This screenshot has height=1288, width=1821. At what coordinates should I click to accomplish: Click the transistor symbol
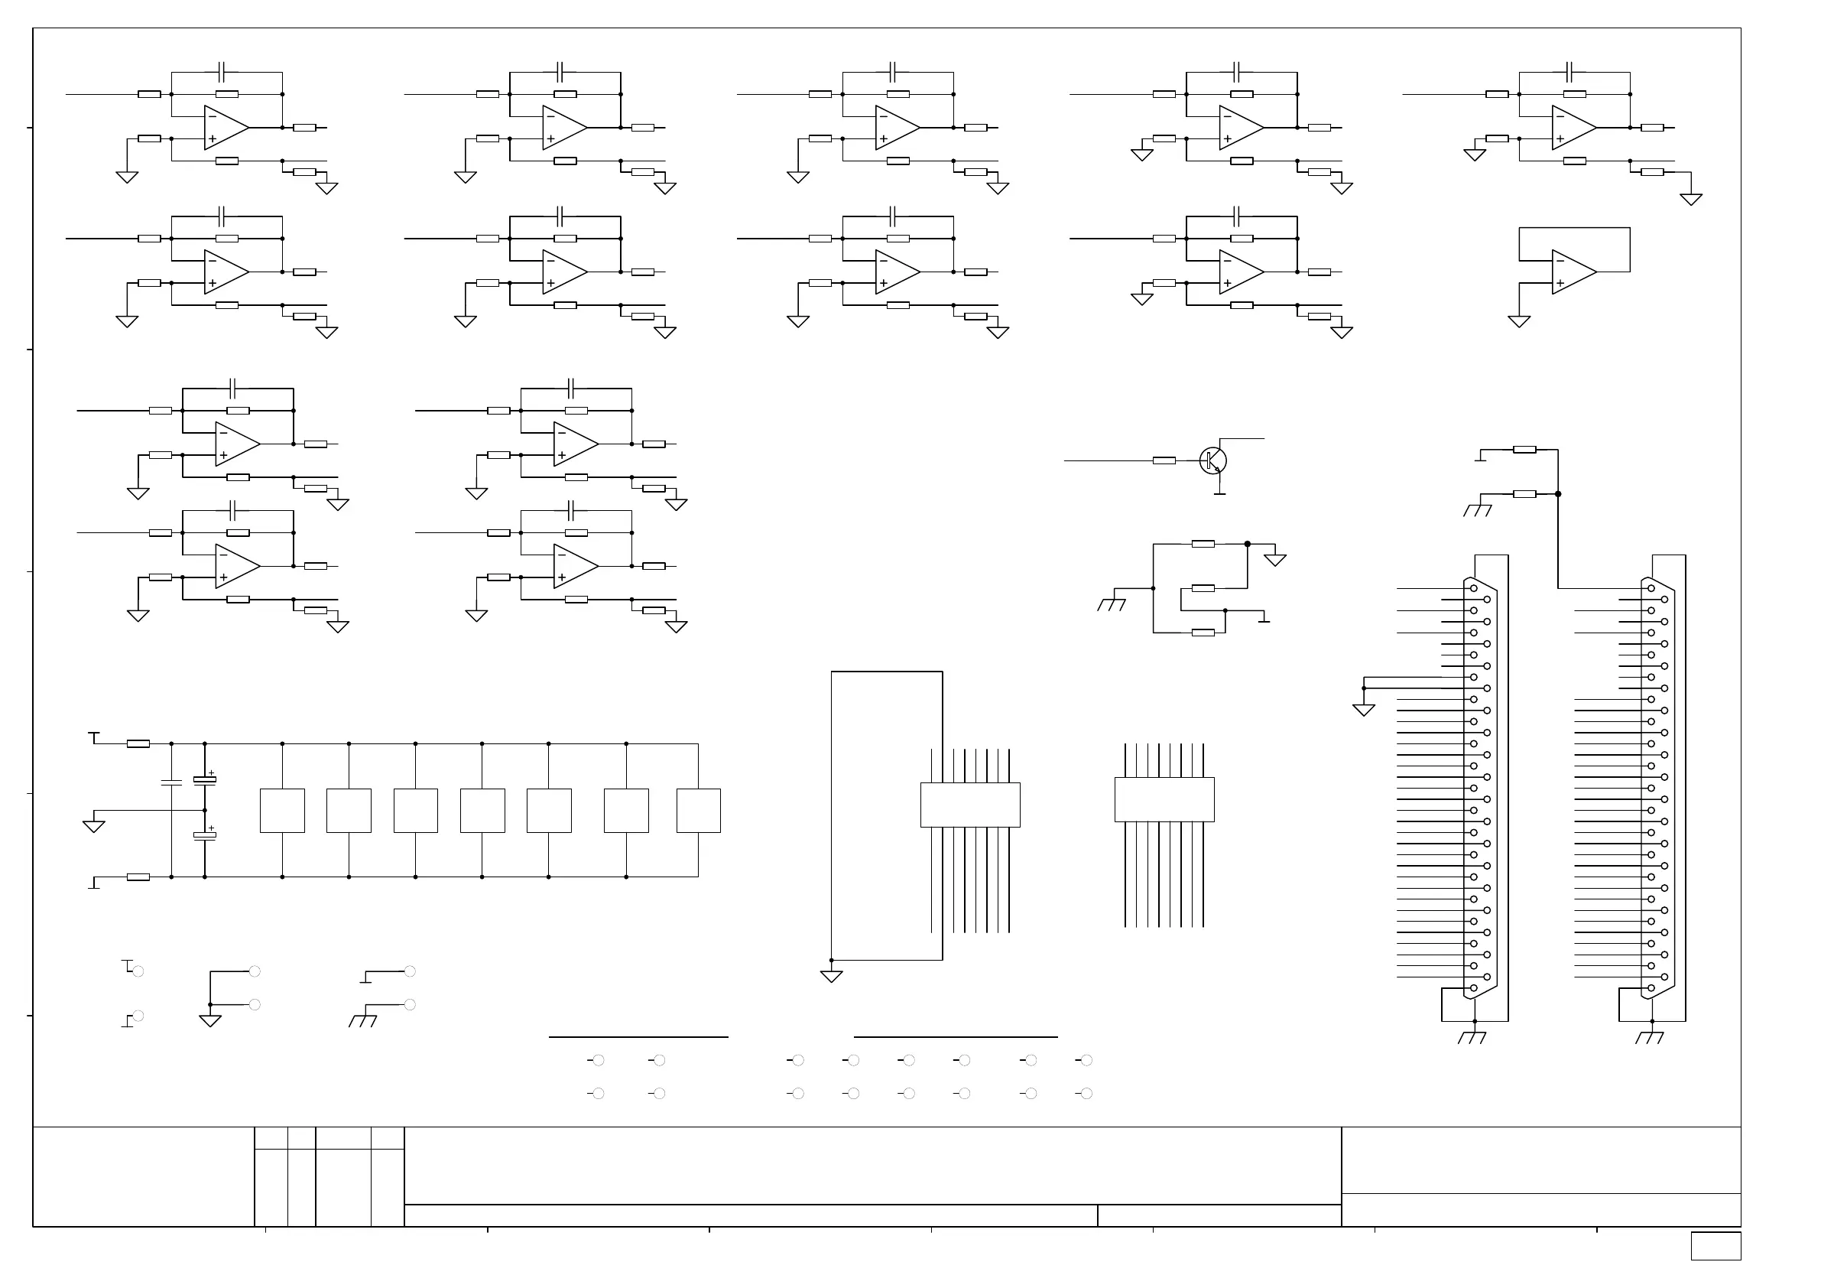(x=1212, y=460)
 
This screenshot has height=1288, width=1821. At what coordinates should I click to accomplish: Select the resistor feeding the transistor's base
(x=1164, y=460)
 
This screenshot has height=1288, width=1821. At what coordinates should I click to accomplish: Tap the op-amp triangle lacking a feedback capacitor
(x=1573, y=272)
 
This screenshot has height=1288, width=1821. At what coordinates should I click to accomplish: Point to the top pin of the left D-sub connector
(x=1475, y=588)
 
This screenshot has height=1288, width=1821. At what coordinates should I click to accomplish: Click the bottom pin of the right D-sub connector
(x=1651, y=988)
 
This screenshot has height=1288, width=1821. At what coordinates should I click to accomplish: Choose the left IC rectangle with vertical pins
(x=970, y=805)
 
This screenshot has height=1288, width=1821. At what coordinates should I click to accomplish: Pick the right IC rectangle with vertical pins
(x=1164, y=799)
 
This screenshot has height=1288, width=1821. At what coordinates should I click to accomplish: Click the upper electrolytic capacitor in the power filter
(x=205, y=780)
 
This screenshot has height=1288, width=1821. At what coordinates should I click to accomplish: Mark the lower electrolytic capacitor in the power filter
(x=205, y=836)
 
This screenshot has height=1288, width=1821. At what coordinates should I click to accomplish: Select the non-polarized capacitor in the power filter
(x=171, y=782)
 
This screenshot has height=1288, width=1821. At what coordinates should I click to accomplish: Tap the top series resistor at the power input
(x=138, y=743)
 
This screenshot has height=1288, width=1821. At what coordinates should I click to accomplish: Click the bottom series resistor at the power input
(x=138, y=877)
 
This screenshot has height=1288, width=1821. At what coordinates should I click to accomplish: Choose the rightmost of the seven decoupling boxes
(x=698, y=810)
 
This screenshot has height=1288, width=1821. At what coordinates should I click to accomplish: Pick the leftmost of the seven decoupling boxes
(x=282, y=810)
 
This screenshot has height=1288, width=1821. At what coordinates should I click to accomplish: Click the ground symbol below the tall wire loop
(x=831, y=976)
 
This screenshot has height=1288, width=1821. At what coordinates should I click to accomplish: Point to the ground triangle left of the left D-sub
(x=1363, y=710)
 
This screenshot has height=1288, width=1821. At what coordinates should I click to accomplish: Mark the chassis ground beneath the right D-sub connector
(x=1651, y=1036)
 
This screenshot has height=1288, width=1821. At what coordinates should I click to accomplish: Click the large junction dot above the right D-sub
(x=1558, y=493)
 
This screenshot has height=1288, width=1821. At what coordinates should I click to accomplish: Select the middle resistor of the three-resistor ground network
(x=1203, y=588)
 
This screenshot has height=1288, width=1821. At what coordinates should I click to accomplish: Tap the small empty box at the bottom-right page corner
(x=1716, y=1246)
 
